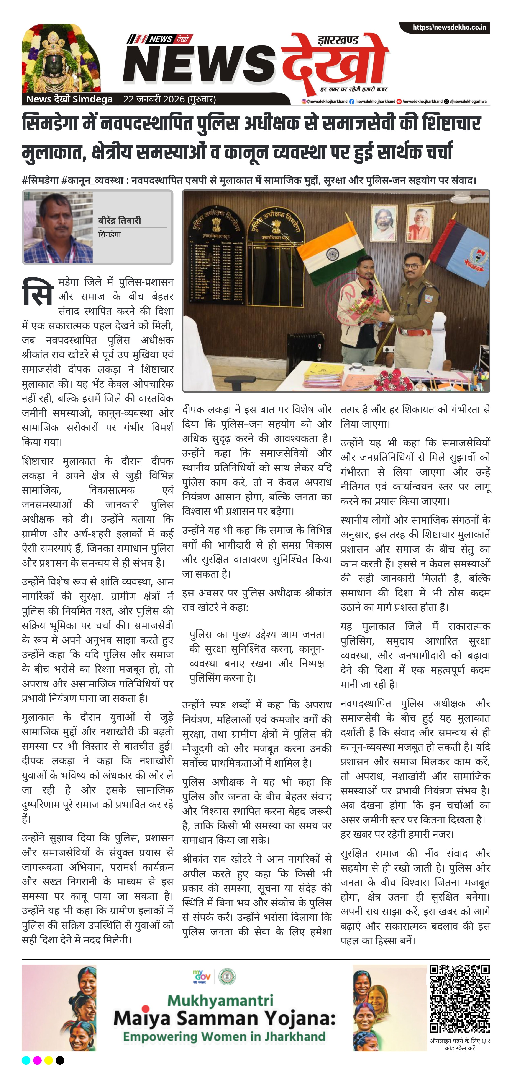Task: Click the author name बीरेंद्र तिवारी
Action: pyautogui.click(x=120, y=220)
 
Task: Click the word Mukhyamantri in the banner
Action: pyautogui.click(x=220, y=1000)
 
